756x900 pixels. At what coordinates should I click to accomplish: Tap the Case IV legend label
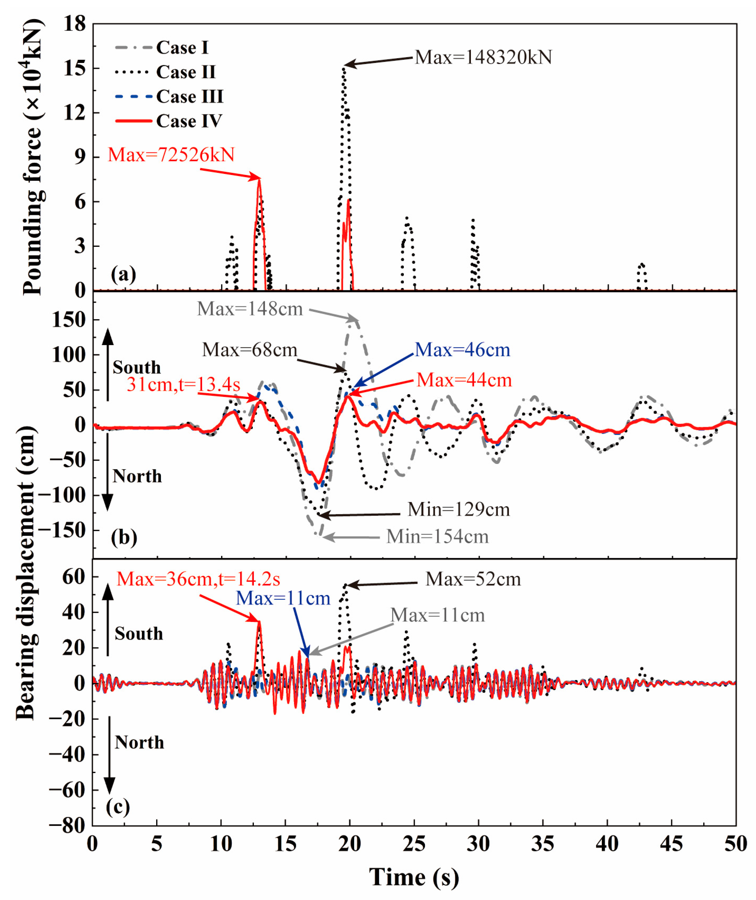[x=189, y=121]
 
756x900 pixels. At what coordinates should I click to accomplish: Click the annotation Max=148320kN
[x=483, y=57]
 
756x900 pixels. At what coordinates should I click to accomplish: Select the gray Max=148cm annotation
[x=250, y=309]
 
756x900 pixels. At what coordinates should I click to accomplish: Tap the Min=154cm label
[x=437, y=536]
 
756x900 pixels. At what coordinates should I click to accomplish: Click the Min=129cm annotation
[x=459, y=509]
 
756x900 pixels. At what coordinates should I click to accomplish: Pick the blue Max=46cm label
[x=462, y=350]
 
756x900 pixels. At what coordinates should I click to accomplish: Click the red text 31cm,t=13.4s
[x=183, y=384]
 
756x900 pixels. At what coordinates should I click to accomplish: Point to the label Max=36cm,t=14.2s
[x=198, y=579]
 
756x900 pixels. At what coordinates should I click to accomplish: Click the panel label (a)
[x=124, y=274]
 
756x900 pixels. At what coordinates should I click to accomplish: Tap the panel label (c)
[x=117, y=807]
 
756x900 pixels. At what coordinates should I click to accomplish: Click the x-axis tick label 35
[x=543, y=844]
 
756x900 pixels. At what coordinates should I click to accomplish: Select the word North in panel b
[x=137, y=476]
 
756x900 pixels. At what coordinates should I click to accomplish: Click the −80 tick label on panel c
[x=67, y=825]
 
